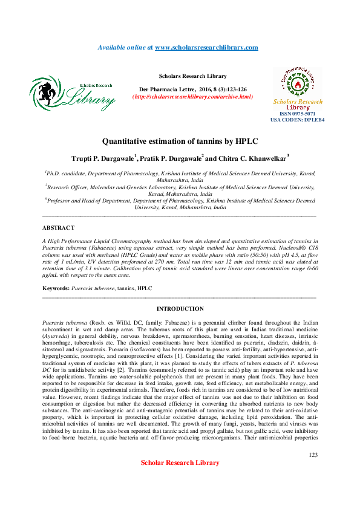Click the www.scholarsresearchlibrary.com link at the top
[206, 47]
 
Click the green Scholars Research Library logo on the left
[72, 94]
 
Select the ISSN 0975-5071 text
[298, 114]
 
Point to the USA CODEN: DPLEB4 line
[298, 120]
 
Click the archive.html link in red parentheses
[192, 97]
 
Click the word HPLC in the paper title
[245, 141]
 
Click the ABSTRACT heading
[58, 228]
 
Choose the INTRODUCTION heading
[180, 308]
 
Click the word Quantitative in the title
[127, 141]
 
